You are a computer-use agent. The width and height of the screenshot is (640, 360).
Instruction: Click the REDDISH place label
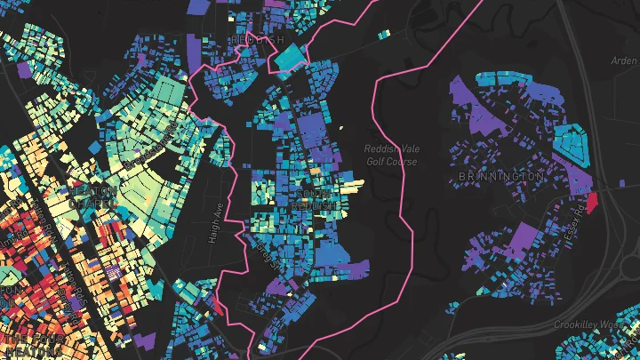pyautogui.click(x=257, y=41)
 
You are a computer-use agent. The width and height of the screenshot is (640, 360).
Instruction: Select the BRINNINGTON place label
pyautogui.click(x=500, y=177)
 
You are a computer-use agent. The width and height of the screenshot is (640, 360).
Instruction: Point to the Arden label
pyautogui.click(x=625, y=61)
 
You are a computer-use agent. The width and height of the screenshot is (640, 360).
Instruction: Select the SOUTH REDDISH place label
pyautogui.click(x=320, y=198)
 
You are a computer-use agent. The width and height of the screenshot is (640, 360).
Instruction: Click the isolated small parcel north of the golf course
pyautogui.click(x=383, y=35)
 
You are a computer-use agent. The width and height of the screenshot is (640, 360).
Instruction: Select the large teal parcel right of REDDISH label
pyautogui.click(x=288, y=57)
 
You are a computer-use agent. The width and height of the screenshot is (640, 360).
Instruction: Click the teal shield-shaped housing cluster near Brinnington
pyautogui.click(x=570, y=141)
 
